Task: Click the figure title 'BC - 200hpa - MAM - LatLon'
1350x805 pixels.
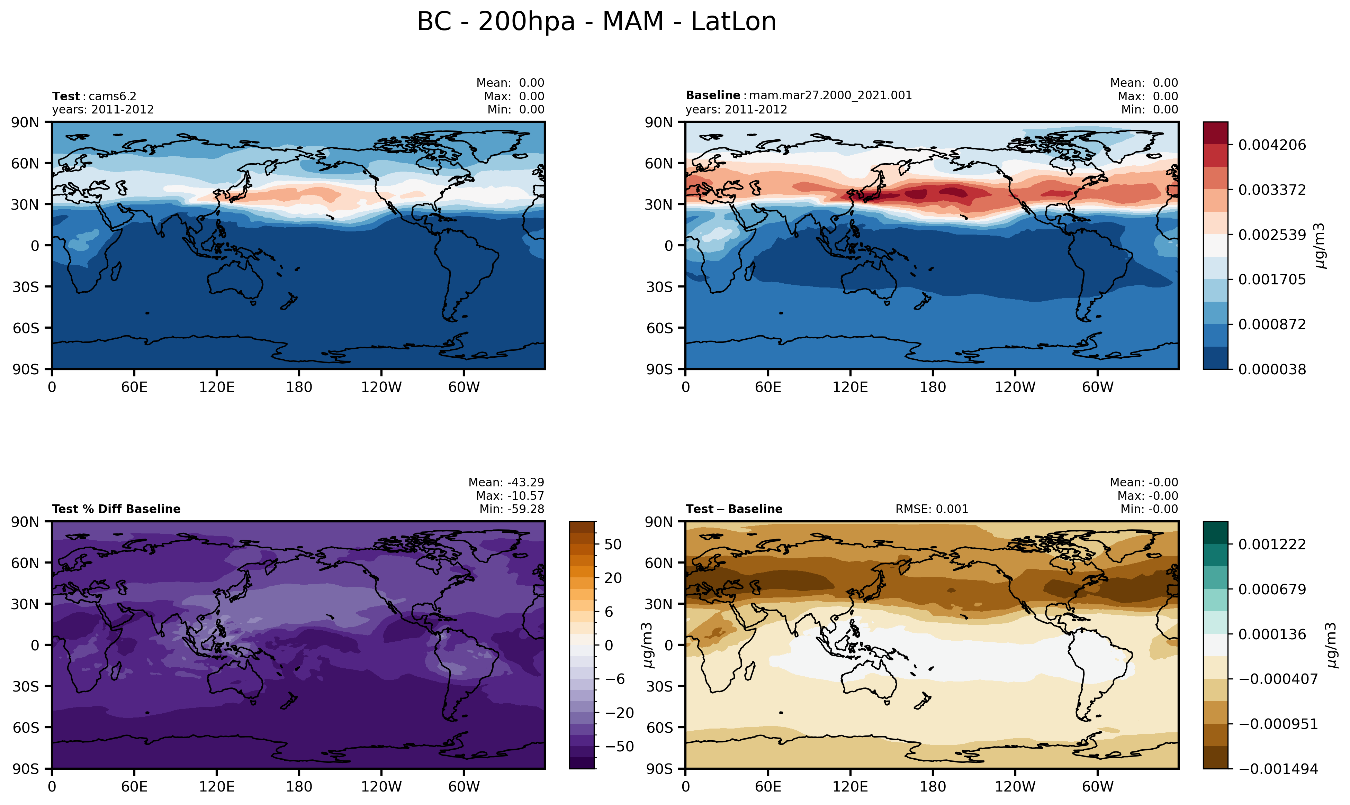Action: pyautogui.click(x=596, y=22)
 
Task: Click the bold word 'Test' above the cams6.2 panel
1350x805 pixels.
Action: pyautogui.click(x=66, y=97)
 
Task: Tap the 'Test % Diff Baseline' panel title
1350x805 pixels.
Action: pyautogui.click(x=116, y=509)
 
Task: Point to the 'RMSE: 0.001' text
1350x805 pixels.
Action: pyautogui.click(x=931, y=509)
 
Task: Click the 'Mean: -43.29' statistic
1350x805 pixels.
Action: pyautogui.click(x=506, y=482)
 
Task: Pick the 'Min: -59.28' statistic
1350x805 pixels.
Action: pyautogui.click(x=511, y=509)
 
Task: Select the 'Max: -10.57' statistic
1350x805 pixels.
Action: pyautogui.click(x=510, y=496)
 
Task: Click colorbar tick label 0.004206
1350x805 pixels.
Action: pyautogui.click(x=1272, y=145)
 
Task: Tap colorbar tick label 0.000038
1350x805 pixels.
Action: pyautogui.click(x=1272, y=369)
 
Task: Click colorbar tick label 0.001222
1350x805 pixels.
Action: pyautogui.click(x=1272, y=545)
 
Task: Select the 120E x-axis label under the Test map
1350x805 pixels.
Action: pyautogui.click(x=217, y=387)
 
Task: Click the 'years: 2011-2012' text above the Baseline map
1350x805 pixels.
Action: pyautogui.click(x=736, y=110)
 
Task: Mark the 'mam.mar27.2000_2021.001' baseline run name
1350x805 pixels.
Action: pyautogui.click(x=830, y=95)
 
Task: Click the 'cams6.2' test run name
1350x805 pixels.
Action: pyautogui.click(x=112, y=97)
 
